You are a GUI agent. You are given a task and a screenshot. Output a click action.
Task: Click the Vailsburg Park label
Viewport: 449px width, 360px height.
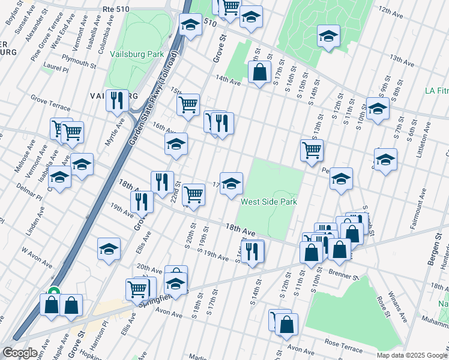(x=137, y=54)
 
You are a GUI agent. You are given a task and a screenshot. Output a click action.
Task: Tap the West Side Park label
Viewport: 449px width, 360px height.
(x=269, y=202)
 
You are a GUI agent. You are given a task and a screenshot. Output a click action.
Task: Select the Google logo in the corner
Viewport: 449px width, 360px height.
(x=20, y=353)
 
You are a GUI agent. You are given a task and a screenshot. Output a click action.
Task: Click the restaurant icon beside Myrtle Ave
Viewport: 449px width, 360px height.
(x=116, y=100)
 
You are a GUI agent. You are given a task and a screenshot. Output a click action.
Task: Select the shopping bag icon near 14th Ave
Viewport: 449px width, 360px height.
(x=259, y=73)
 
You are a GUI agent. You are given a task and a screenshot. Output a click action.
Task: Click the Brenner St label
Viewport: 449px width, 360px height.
(x=343, y=275)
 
